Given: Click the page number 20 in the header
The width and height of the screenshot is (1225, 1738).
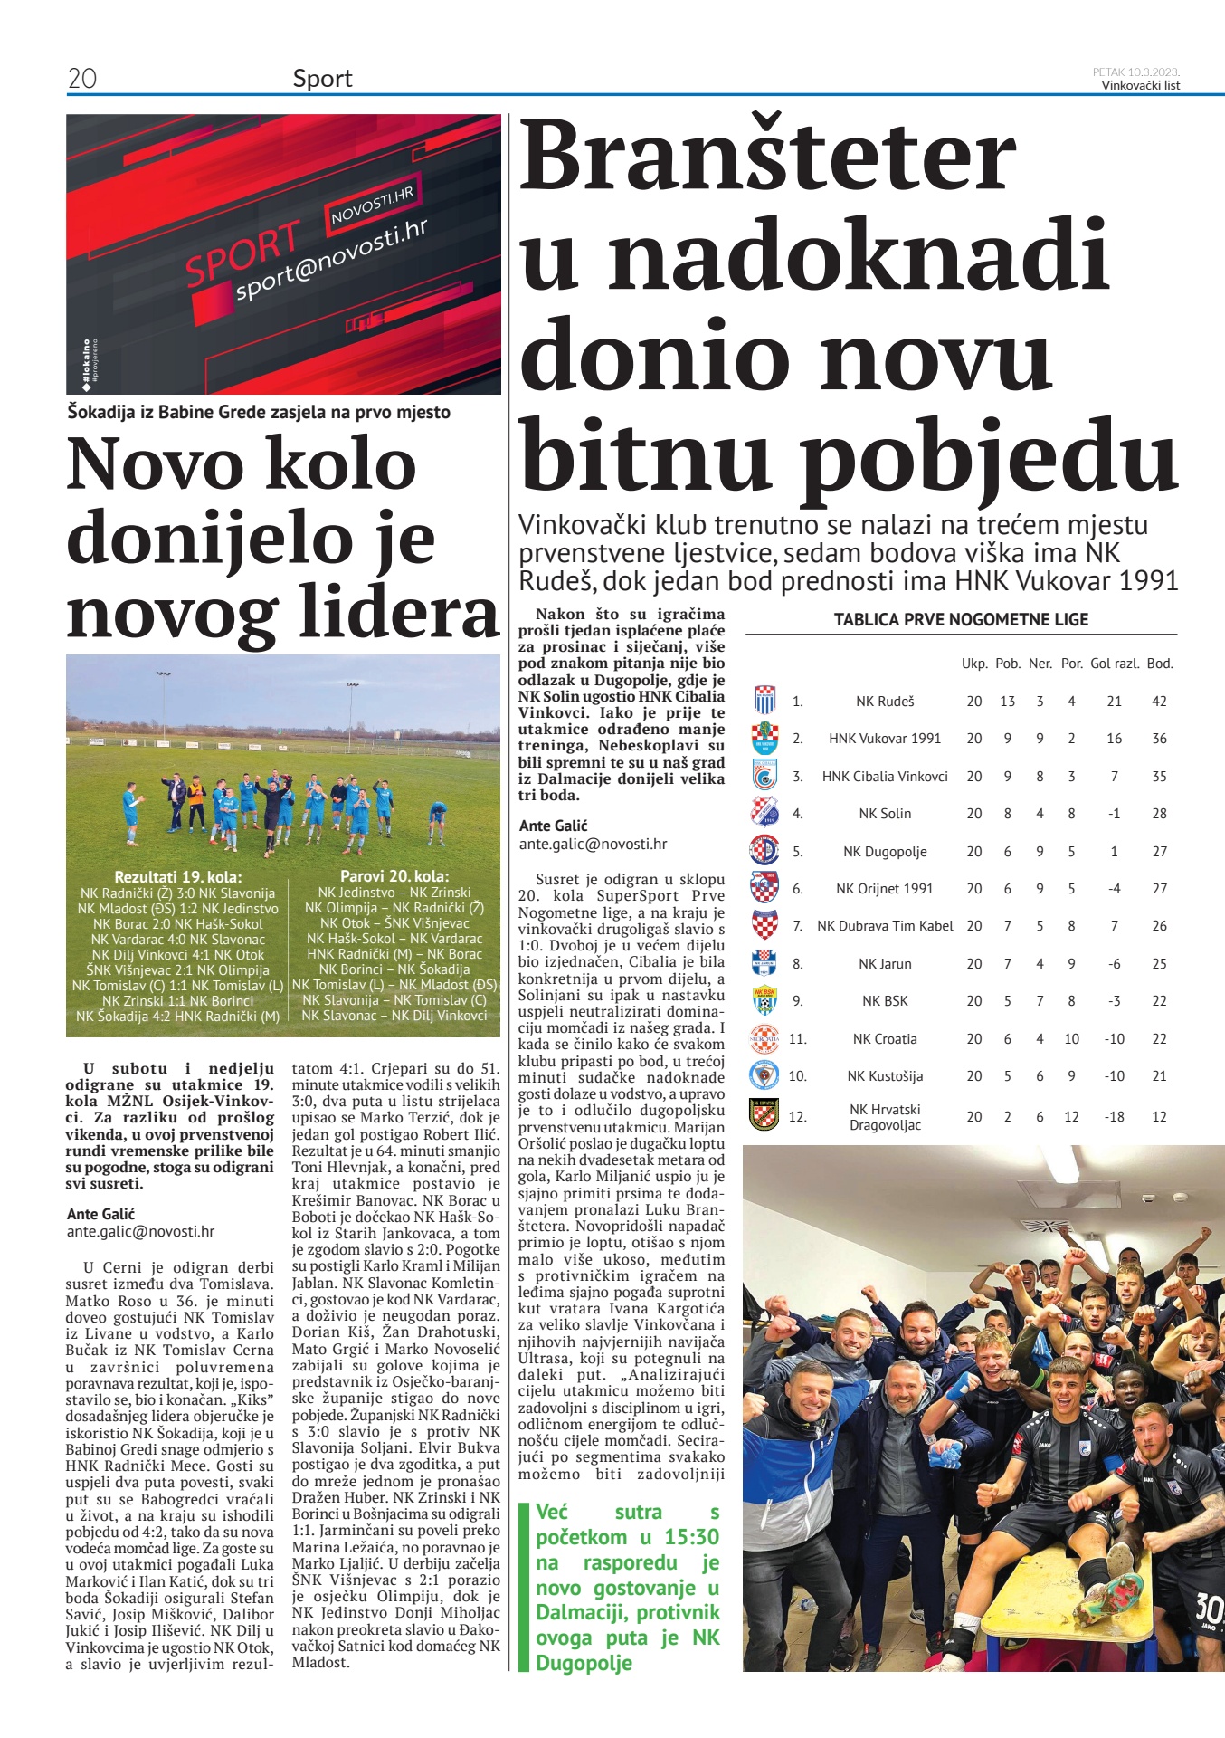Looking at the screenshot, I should tap(82, 79).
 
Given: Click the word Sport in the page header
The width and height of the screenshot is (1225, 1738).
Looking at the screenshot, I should tap(322, 79).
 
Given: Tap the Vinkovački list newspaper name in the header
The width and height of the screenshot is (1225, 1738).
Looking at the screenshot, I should tap(1140, 86).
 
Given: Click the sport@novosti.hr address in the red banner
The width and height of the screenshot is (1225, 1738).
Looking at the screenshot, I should tap(331, 260).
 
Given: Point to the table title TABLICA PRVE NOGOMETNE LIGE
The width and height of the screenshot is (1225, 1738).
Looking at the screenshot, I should tap(961, 620).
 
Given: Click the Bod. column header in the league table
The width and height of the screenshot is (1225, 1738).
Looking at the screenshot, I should tap(1159, 664).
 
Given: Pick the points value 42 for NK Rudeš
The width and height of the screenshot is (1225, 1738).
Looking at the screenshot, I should tap(1159, 702).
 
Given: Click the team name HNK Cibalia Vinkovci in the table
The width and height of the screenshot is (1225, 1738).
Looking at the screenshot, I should tap(885, 777).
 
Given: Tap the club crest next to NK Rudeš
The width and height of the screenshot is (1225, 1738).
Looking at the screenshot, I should tap(764, 701).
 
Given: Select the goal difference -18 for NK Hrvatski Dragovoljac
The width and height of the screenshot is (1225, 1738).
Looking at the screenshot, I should tap(1114, 1117).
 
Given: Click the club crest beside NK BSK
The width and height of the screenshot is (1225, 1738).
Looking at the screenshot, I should tap(764, 1001).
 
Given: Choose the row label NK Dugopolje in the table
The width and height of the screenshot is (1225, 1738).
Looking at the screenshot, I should tap(885, 852).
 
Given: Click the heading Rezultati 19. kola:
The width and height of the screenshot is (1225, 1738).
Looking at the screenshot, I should tap(178, 877).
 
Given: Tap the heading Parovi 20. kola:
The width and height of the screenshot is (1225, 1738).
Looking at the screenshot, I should tap(394, 876).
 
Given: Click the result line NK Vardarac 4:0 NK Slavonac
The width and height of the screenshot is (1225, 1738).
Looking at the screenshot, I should tap(178, 940).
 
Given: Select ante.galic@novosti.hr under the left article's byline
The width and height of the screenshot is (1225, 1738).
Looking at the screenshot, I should tap(140, 1231).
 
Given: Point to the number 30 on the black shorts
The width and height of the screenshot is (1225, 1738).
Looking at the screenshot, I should tap(1209, 1608).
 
